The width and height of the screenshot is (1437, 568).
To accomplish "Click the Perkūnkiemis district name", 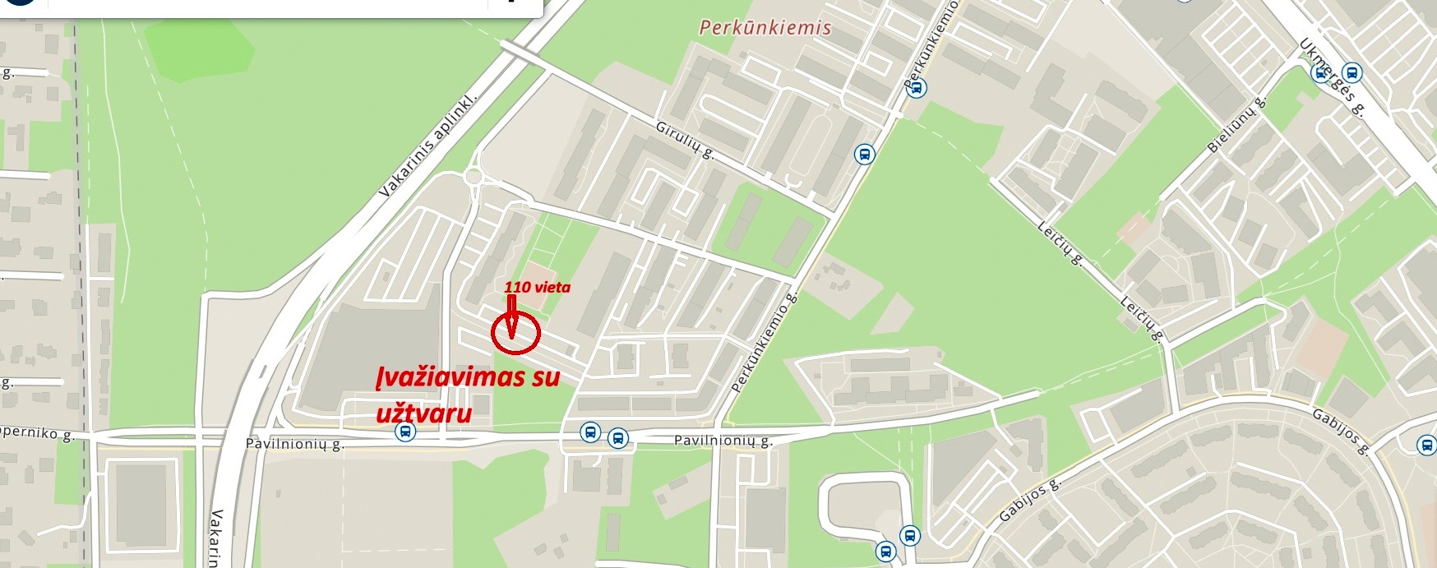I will point(765,27).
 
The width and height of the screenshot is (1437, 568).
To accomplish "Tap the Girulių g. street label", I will point(685,140).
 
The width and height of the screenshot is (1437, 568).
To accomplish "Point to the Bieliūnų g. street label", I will point(1236,125).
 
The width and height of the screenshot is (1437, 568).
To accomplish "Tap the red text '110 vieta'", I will point(537,287).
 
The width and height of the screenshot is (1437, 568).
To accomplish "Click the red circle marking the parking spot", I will point(515,333).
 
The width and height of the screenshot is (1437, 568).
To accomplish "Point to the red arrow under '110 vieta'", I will point(511,316).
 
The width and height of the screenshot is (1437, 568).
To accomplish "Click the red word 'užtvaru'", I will point(424,412).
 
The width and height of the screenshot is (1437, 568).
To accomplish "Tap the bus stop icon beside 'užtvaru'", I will point(404,432).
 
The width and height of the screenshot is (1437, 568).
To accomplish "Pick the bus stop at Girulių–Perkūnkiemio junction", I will point(863,154).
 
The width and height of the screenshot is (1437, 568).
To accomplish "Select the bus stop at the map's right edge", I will point(1426,445).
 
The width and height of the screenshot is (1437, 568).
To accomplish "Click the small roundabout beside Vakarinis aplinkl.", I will point(473,177).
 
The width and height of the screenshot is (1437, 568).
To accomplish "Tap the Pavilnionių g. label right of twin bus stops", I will point(723,441).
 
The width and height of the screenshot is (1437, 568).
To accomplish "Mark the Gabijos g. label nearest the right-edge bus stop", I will point(1340,431).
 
